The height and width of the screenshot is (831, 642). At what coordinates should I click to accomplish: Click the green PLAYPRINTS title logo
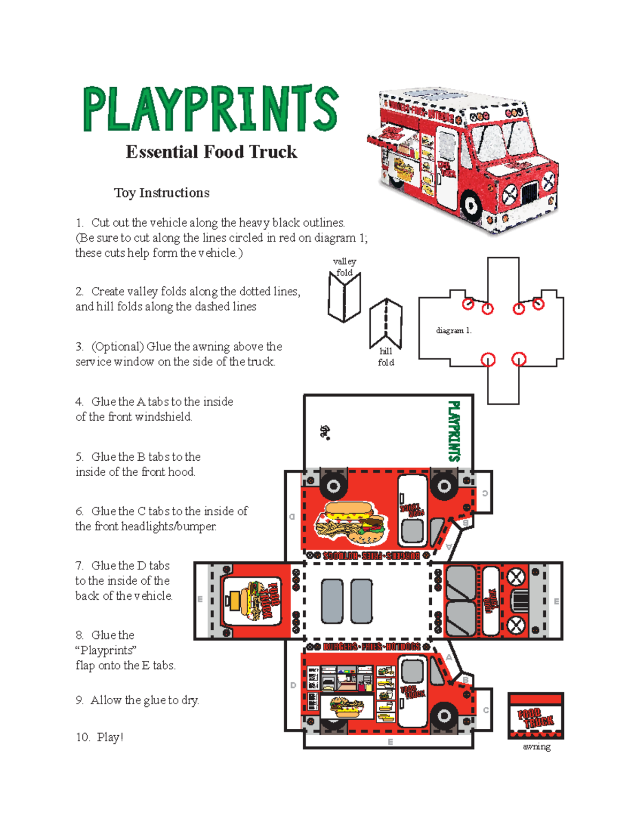click(210, 109)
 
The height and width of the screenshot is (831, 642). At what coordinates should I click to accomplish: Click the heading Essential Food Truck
click(211, 152)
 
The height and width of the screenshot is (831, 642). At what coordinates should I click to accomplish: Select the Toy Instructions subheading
click(162, 193)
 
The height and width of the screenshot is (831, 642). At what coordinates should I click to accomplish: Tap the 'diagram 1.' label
click(454, 331)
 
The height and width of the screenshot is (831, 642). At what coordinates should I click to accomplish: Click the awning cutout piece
click(536, 715)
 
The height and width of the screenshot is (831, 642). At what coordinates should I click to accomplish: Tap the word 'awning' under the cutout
click(536, 746)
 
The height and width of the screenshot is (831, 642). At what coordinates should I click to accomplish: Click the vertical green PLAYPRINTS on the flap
click(453, 431)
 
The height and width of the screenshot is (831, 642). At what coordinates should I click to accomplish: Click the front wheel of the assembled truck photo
click(471, 204)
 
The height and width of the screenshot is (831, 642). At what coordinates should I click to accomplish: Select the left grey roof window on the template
click(332, 601)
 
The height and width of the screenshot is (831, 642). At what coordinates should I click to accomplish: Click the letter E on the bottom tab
click(390, 742)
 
